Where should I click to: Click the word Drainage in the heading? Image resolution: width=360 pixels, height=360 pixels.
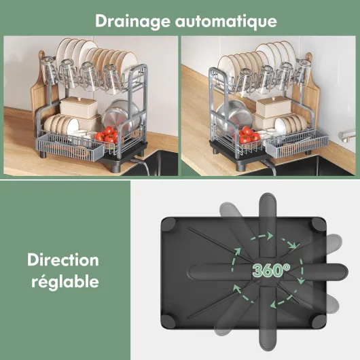(132, 21)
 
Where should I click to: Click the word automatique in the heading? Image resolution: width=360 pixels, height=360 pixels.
(226, 21)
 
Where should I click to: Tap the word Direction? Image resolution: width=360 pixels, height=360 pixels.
(63, 260)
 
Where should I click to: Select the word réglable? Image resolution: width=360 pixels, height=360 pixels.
(65, 281)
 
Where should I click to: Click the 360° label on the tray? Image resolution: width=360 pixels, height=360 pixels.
(271, 270)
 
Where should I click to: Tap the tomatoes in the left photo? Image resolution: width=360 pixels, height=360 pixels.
(107, 135)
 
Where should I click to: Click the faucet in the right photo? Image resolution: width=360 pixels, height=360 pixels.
(346, 135)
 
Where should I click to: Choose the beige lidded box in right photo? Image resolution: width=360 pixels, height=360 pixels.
(273, 107)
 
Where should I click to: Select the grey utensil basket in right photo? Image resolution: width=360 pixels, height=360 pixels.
(298, 145)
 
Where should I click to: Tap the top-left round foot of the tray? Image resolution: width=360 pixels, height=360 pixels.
(168, 224)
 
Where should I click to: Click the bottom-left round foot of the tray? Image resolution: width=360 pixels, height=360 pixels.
(168, 321)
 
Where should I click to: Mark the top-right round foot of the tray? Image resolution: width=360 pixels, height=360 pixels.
(319, 225)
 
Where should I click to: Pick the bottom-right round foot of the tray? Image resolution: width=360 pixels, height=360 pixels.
(319, 321)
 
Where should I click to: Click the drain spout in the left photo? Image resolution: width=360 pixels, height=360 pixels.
(141, 164)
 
